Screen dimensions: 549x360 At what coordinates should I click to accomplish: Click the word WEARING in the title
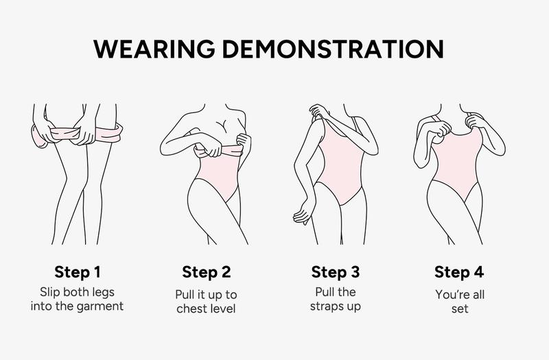click(154, 49)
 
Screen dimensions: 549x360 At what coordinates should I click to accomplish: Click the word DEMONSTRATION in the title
click(334, 49)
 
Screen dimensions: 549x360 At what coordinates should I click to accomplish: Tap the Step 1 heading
click(78, 272)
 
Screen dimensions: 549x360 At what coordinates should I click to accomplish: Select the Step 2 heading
click(207, 272)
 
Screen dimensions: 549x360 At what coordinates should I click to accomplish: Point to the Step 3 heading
click(336, 272)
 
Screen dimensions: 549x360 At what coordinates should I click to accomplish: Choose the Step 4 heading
click(459, 272)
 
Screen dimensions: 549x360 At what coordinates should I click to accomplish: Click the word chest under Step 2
click(191, 309)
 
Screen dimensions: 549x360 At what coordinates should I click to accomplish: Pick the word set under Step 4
click(460, 309)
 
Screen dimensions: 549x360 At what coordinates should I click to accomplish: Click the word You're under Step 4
click(449, 295)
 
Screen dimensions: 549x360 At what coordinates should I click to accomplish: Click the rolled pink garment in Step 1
click(77, 134)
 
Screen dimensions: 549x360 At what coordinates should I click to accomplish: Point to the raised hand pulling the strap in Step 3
click(318, 111)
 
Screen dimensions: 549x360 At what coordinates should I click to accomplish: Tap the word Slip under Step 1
click(49, 293)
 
